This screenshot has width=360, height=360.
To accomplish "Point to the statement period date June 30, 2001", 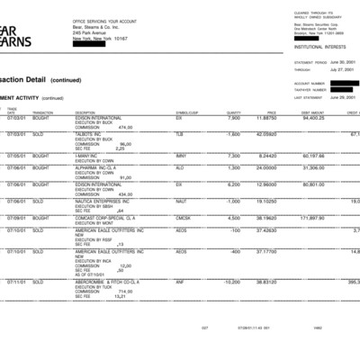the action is click(x=342, y=62).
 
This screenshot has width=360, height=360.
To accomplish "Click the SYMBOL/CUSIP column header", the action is click(x=186, y=112).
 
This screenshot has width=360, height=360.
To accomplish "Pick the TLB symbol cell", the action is click(x=179, y=133).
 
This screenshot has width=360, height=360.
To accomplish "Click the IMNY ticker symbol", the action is click(x=180, y=155).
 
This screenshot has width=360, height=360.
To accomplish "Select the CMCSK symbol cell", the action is click(x=183, y=217).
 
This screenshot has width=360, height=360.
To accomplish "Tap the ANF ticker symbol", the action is click(x=180, y=281).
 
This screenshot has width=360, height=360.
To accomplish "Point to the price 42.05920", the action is click(x=264, y=133).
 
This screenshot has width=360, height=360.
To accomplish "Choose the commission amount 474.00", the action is click(x=125, y=127).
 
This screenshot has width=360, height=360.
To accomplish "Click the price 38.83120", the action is click(x=264, y=281).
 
